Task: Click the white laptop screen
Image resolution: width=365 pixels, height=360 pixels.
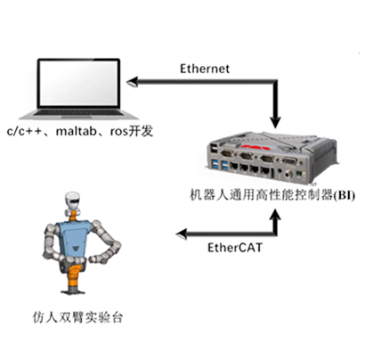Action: pos(78,83)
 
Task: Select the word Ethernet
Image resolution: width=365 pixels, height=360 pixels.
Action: pos(205,69)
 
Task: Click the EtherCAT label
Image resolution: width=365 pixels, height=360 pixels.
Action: pos(235,248)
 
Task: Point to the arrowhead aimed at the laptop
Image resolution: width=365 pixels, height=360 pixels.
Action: pos(133,81)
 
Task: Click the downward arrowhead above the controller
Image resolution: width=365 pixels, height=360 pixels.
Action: pos(275,122)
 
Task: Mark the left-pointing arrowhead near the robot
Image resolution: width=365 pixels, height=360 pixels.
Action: pos(182,234)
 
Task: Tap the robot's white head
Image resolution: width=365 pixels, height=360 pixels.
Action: pos(73,200)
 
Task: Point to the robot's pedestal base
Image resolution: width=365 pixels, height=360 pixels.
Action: pos(73,290)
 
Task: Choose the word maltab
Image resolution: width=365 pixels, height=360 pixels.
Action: pos(76,131)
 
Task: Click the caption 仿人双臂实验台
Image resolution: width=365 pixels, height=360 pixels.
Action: pos(77,317)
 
